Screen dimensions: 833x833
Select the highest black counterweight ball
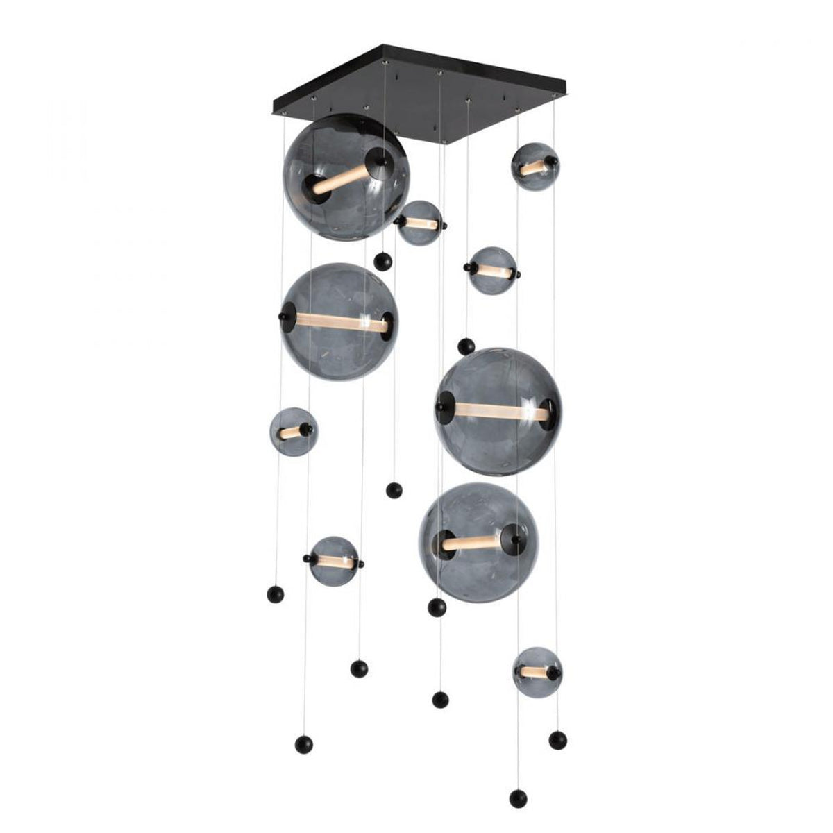pyautogui.click(x=382, y=262)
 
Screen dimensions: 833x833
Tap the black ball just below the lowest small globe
pyautogui.click(x=557, y=739)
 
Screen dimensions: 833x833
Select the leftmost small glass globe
pyautogui.click(x=293, y=432)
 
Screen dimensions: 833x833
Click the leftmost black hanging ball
pyautogui.click(x=275, y=594)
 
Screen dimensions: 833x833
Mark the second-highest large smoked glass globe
pyautogui.click(x=339, y=321)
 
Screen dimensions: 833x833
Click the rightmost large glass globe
pyautogui.click(x=498, y=412)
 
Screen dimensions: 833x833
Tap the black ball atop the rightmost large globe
pyautogui.click(x=466, y=346)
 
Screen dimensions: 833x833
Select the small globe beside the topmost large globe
pyautogui.click(x=421, y=223)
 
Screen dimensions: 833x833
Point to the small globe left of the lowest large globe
pyautogui.click(x=334, y=560)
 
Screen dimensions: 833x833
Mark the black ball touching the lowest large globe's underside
pyautogui.click(x=437, y=607)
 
